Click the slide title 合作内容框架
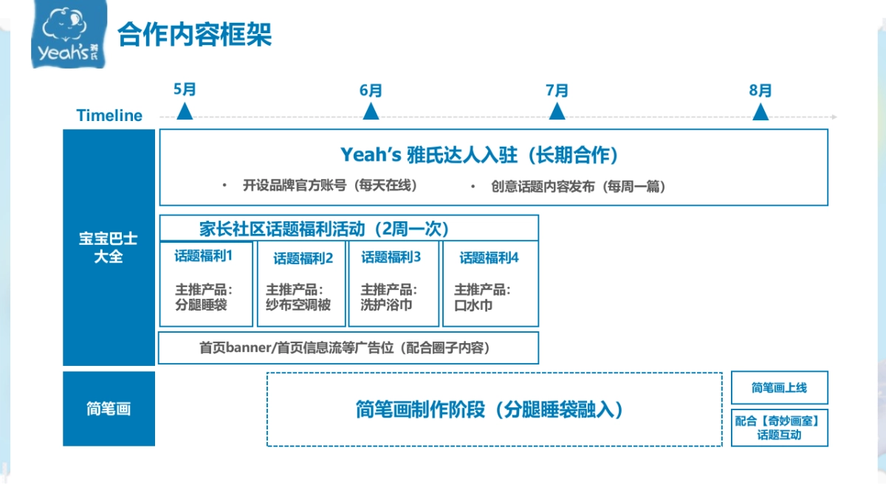pyautogui.click(x=195, y=35)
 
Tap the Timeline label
pyautogui.click(x=109, y=116)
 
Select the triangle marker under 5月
pyautogui.click(x=185, y=111)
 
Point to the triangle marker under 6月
pyautogui.click(x=371, y=111)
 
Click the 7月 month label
pyautogui.click(x=557, y=91)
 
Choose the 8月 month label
pyautogui.click(x=760, y=91)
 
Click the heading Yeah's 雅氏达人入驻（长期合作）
pyautogui.click(x=479, y=155)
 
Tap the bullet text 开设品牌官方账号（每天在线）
pyautogui.click(x=330, y=186)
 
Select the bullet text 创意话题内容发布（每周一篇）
pyautogui.click(x=578, y=187)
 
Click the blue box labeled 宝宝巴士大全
pyautogui.click(x=109, y=249)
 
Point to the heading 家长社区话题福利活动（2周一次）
pyautogui.click(x=324, y=229)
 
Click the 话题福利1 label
pyautogui.click(x=204, y=257)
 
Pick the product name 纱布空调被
pyautogui.click(x=298, y=305)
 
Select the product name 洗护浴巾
pyautogui.click(x=386, y=305)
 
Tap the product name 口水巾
pyautogui.click(x=473, y=305)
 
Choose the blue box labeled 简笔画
pyautogui.click(x=109, y=409)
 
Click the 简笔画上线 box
pyautogui.click(x=779, y=388)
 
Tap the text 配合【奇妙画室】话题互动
pyautogui.click(x=779, y=428)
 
